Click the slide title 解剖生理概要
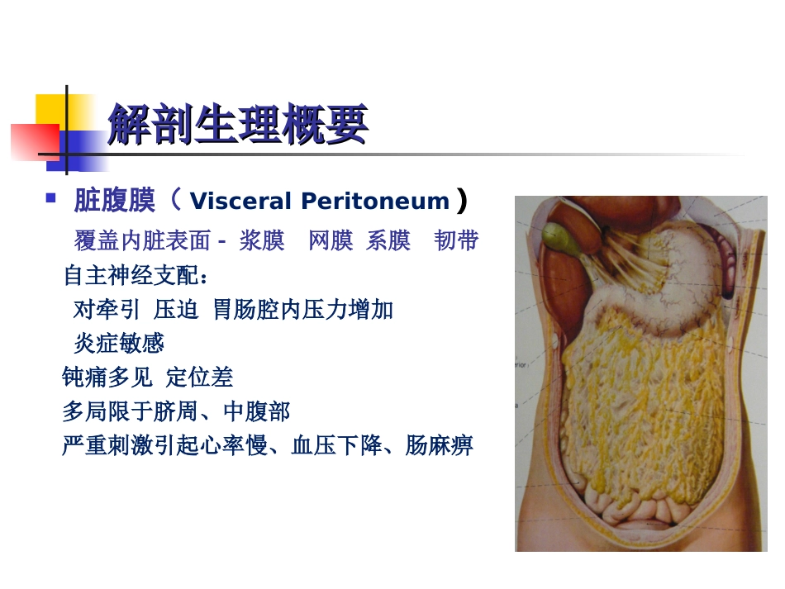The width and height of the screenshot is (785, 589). [237, 126]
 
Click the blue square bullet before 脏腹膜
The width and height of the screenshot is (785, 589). [51, 198]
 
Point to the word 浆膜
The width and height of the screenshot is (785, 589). [262, 240]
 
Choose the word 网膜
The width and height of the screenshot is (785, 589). [331, 240]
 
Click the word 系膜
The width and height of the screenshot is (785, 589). [388, 240]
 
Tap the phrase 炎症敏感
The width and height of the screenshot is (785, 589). [118, 343]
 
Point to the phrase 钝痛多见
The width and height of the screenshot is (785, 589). [107, 378]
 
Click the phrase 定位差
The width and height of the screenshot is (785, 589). [200, 378]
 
